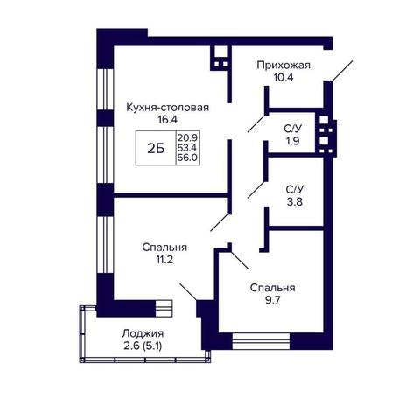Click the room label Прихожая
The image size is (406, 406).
coord(283,66)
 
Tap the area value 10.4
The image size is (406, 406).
coord(283,78)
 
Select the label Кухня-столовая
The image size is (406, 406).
coord(168,108)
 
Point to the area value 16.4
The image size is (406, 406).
coord(168,120)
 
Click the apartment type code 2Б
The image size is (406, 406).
coord(156,149)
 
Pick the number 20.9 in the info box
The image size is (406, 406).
coord(187,136)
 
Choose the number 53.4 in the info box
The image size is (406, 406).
coord(187,147)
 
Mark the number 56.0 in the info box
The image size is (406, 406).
coord(187,157)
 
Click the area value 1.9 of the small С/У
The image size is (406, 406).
coord(292,141)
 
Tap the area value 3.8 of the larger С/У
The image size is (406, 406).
coord(295,202)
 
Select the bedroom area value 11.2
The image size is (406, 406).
coord(164,260)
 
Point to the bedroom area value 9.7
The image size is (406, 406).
coord(272,300)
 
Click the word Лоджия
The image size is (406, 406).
coord(143,333)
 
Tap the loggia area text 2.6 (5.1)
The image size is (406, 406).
coord(143,346)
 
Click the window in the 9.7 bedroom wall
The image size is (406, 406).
coord(261,341)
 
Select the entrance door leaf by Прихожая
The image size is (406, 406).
coord(343,71)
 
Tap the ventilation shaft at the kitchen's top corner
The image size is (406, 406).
coord(220,59)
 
